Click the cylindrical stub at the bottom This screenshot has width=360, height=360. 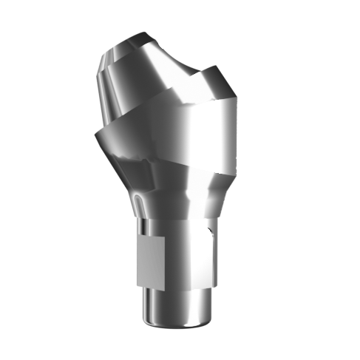click(x=174, y=307)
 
